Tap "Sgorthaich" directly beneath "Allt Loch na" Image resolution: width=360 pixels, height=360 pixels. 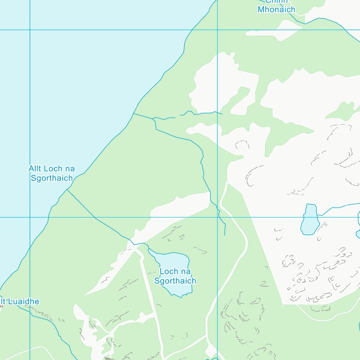tap(52, 178)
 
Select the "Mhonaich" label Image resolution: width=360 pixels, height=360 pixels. tap(277, 9)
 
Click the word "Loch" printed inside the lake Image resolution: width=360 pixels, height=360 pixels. tap(168, 271)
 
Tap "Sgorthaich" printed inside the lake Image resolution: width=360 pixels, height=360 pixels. tap(175, 281)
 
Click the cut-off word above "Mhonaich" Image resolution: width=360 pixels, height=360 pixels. tap(277, 1)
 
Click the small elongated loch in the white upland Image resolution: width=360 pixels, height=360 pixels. tap(309, 219)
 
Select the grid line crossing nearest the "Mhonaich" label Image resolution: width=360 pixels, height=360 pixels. tap(217, 30)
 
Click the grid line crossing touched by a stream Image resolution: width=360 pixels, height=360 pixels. tap(217, 217)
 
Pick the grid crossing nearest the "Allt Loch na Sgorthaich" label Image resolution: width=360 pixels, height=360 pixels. tap(30, 217)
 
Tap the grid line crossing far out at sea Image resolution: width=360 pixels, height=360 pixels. tap(30, 30)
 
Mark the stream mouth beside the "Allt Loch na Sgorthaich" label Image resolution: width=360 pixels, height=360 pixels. tap(67, 189)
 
